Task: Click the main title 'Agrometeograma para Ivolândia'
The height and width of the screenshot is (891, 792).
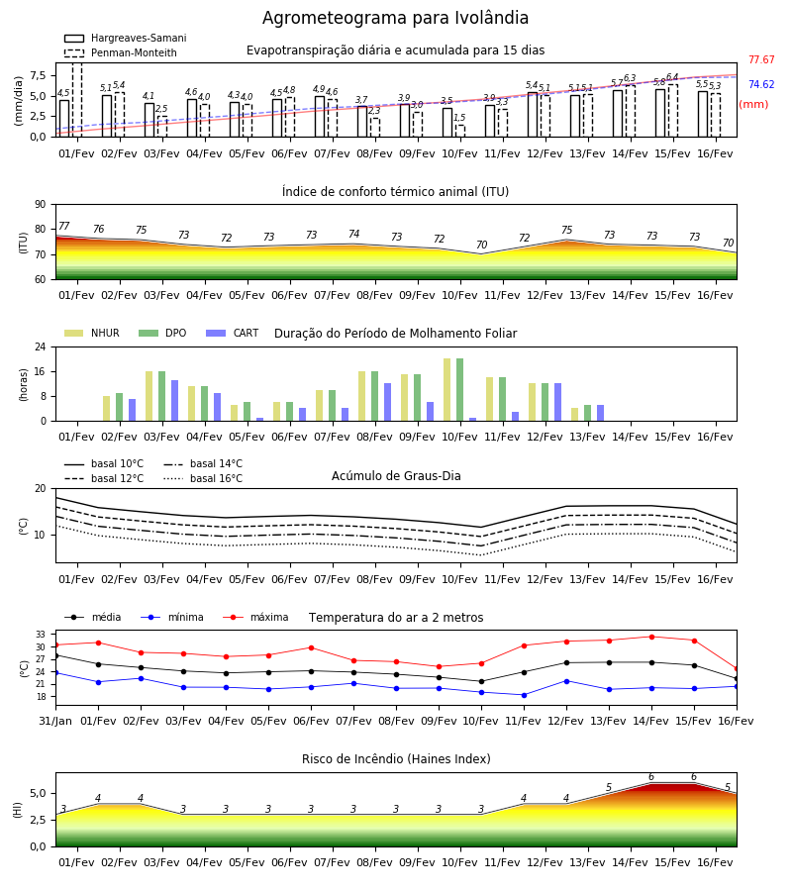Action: (x=395, y=18)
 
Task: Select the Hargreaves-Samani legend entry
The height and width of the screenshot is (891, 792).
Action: (x=126, y=38)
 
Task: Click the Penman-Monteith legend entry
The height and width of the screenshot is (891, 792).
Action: (x=121, y=52)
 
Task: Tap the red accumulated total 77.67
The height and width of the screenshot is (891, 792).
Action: (x=761, y=59)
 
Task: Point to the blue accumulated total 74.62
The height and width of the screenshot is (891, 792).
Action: (x=761, y=85)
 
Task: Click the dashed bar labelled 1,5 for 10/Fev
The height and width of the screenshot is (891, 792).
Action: (x=460, y=131)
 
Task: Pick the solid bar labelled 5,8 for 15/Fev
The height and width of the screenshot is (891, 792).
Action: (x=660, y=113)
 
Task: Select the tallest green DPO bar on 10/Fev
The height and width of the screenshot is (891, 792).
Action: (x=459, y=390)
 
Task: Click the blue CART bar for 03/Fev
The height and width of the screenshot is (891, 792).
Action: (x=174, y=401)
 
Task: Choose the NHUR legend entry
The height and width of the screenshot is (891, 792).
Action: (x=92, y=333)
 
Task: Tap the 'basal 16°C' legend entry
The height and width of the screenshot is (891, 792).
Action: (x=203, y=478)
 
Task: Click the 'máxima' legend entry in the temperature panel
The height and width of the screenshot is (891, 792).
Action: (x=255, y=617)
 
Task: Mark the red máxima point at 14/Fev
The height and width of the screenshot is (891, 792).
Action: (x=651, y=637)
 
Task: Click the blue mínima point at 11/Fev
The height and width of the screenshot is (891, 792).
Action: (x=524, y=695)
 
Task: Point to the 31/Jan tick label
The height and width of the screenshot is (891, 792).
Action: (x=55, y=721)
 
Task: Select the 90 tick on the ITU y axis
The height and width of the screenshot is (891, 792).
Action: (x=41, y=205)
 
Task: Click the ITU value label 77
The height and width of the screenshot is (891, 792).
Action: (x=63, y=226)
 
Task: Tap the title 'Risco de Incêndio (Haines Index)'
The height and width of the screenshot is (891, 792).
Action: (x=396, y=759)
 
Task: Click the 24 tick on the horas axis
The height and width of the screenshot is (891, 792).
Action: (x=41, y=346)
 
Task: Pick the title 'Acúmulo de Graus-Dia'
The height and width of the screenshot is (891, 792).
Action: (x=396, y=475)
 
